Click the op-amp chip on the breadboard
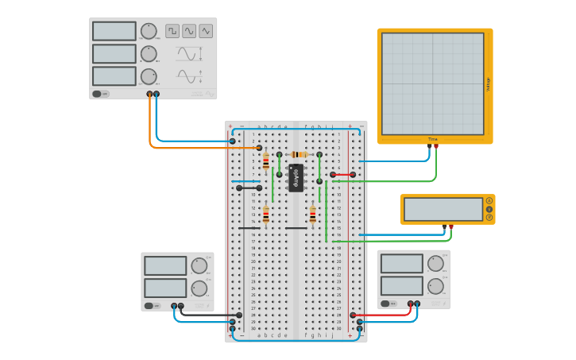pos(296,178)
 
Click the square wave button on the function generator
pos(172,31)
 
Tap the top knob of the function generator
pos(149,31)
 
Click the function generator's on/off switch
pos(99,93)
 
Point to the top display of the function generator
pos(114,31)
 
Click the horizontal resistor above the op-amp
pos(299,154)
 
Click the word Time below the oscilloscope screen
pos(433,139)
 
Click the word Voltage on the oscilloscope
pos(488,83)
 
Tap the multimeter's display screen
pos(443,209)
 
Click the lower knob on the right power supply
pos(435,286)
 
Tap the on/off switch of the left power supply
pos(149,305)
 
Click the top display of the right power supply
pos(401,264)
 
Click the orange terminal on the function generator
pos(149,94)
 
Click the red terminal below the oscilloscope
pos(436,147)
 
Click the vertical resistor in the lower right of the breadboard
pos(312,215)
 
